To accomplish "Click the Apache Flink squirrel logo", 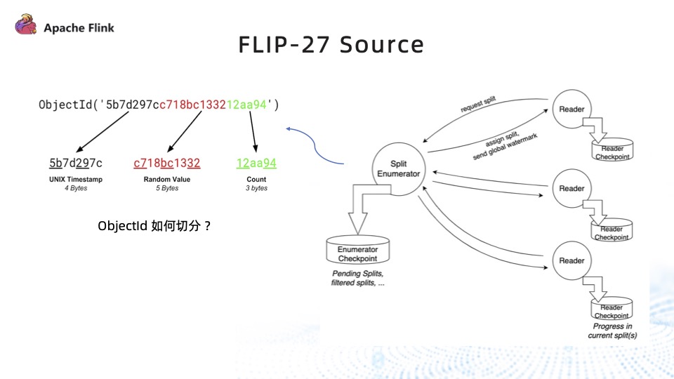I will pos(26,27).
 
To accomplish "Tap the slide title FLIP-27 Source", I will pos(331,45).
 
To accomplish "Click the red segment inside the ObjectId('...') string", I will pos(193,105).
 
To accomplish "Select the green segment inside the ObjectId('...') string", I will pos(247,105).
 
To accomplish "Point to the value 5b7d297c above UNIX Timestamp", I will pos(76,164).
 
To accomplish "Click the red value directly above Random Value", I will pos(167,164).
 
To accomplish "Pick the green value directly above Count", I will pos(256,164).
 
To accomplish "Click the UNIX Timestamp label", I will pos(76,180).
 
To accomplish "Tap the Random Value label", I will pos(167,180).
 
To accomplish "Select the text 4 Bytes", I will pos(76,188).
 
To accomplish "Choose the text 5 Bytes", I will pos(167,188).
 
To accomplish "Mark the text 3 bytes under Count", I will pos(256,188).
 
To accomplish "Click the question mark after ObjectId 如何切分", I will pos(207,227).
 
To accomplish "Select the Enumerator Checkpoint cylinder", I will pos(358,251).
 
